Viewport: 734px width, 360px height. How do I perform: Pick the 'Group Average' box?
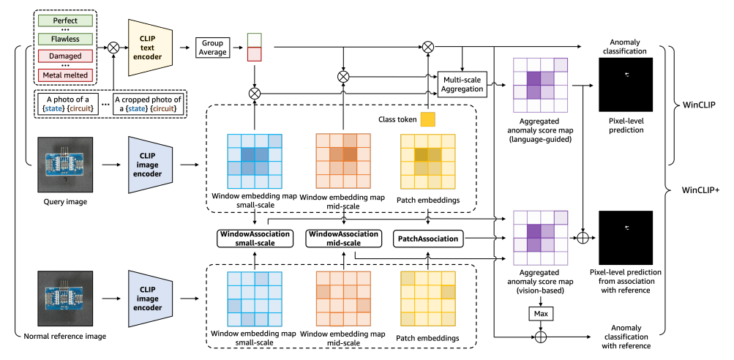pos(213,48)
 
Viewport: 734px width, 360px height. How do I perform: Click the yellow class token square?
pos(427,119)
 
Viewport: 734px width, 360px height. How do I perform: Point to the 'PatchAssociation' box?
pos(430,238)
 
